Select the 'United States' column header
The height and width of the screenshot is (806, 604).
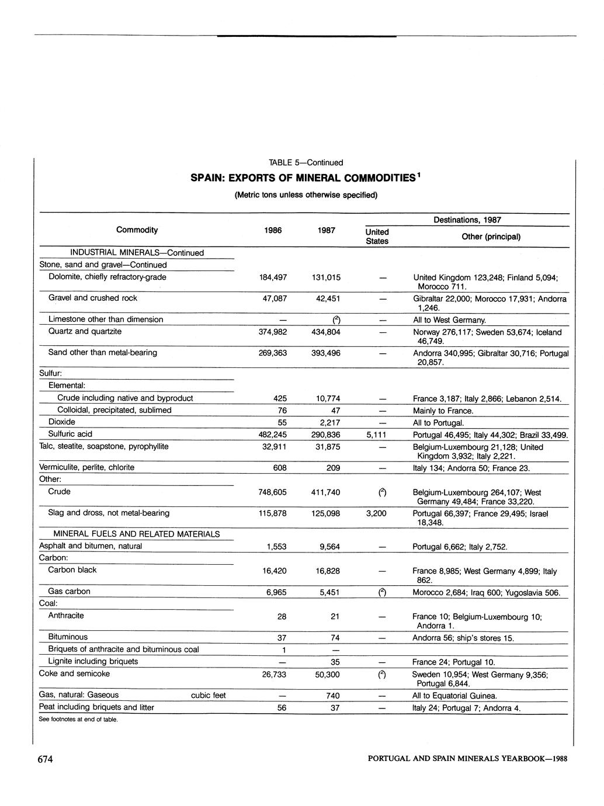tap(377, 237)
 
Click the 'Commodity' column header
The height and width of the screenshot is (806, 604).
tap(137, 230)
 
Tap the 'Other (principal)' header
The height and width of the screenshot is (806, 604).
tap(491, 237)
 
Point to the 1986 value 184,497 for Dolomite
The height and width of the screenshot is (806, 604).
tap(272, 277)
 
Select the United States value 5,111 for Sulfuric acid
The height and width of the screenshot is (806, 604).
tap(377, 435)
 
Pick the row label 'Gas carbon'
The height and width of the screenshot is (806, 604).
tap(69, 592)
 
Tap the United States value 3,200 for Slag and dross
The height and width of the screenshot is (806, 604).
tap(377, 513)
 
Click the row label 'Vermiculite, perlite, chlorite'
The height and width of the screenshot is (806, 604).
tap(86, 467)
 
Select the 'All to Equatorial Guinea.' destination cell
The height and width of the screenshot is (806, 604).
tap(454, 696)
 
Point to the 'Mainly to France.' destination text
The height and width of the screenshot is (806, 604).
tap(443, 411)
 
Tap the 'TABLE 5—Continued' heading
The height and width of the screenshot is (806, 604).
tap(306, 162)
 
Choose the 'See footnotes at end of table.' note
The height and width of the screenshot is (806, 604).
tap(78, 720)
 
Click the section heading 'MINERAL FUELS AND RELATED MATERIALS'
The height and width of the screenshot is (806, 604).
tap(137, 534)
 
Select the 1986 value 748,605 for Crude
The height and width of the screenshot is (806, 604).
tap(272, 492)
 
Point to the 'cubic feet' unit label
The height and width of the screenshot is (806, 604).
tap(208, 695)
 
